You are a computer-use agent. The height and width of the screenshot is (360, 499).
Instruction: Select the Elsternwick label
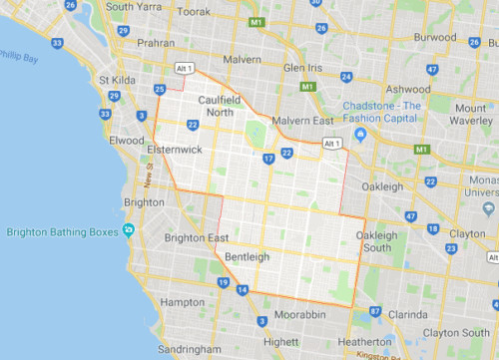[176, 150]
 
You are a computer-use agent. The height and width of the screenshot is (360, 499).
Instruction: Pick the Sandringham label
[199, 352]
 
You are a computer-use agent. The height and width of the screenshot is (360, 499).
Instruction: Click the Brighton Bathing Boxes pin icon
[130, 231]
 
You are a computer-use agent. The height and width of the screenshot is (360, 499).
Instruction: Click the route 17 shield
[268, 159]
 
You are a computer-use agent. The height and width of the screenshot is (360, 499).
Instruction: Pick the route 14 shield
[243, 290]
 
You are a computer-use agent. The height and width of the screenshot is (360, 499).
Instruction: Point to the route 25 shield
[160, 90]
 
